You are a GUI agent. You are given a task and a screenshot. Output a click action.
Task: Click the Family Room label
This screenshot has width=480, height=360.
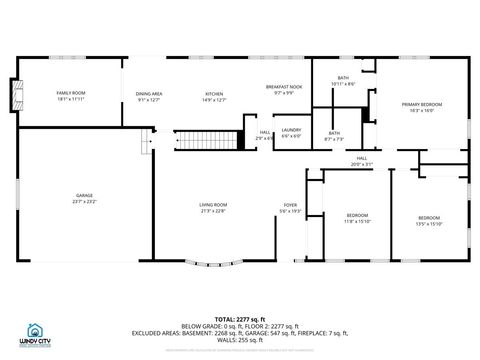click(x=70, y=96)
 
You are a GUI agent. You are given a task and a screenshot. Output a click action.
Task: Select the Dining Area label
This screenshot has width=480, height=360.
click(x=149, y=96)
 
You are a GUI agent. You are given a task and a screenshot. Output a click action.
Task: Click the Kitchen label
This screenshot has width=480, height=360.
click(x=214, y=96)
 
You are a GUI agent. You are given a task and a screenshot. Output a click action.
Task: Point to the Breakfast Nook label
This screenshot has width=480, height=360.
click(x=284, y=90)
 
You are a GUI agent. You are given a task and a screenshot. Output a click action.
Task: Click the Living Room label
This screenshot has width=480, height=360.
click(x=214, y=208)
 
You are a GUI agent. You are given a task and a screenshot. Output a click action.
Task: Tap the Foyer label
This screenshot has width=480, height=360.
click(x=290, y=208)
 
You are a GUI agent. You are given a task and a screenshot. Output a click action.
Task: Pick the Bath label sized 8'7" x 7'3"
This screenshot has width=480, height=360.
click(x=334, y=136)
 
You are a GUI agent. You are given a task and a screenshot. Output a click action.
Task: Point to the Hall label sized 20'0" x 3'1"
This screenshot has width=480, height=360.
click(x=361, y=161)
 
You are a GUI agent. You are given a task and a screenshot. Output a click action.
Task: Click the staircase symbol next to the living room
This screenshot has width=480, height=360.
click(x=210, y=140)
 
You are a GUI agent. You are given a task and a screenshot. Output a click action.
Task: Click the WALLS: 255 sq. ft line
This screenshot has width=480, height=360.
click(x=239, y=340)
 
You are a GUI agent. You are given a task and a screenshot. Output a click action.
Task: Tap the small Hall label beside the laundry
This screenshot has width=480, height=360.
click(x=265, y=133)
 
